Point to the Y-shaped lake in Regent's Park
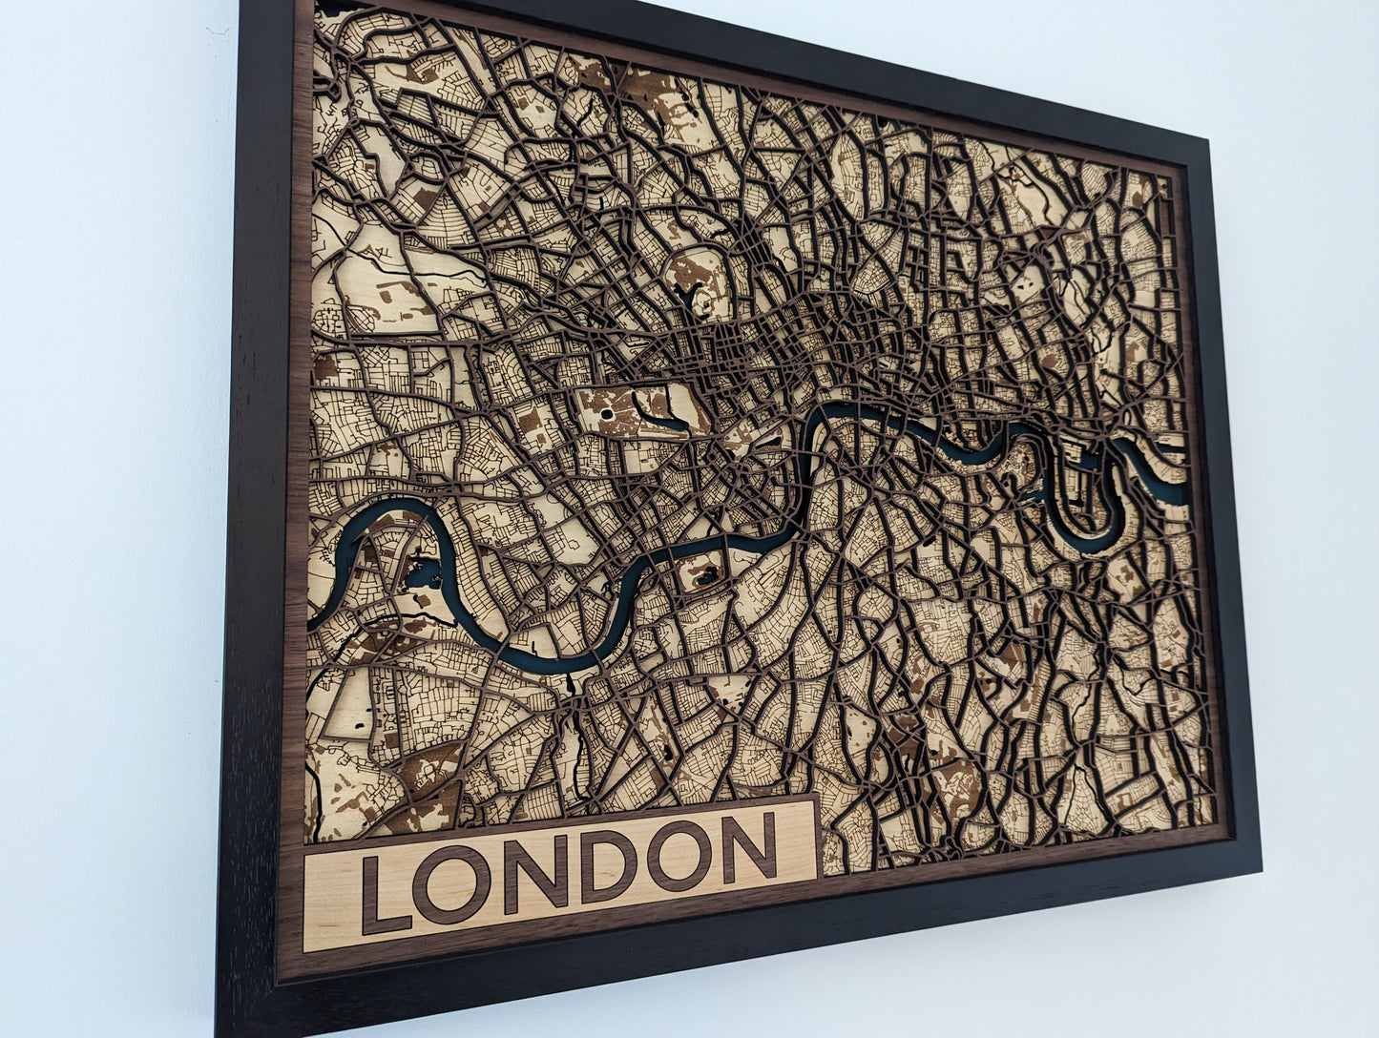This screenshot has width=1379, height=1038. (689, 303)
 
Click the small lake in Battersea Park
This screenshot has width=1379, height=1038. (706, 575)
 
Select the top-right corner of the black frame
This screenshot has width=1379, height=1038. (1212, 141)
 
